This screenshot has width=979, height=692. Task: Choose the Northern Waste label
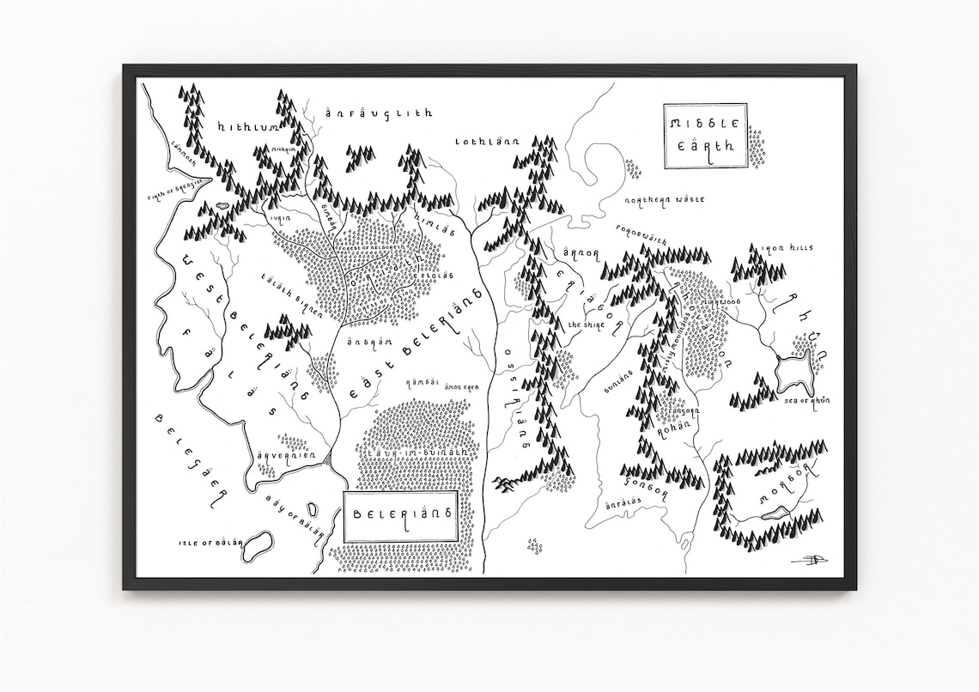click(665, 199)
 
